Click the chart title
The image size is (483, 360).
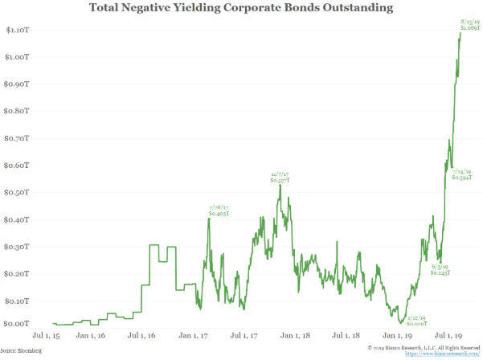click(x=241, y=10)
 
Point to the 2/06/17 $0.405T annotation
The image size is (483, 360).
click(x=219, y=211)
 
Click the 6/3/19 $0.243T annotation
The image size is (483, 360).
click(x=440, y=269)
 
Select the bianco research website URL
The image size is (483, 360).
click(x=437, y=354)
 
